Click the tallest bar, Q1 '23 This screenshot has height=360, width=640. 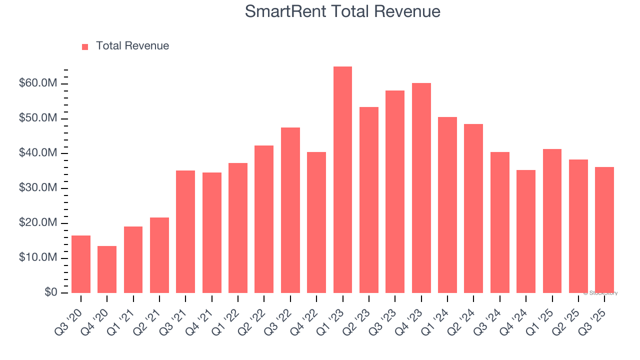click(x=342, y=180)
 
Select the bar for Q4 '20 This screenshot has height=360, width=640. click(x=107, y=269)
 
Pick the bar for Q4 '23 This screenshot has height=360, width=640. click(x=421, y=188)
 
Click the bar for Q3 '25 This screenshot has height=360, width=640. click(x=604, y=230)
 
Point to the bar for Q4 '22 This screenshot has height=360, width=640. click(x=316, y=222)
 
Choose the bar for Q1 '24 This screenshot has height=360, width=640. click(x=447, y=205)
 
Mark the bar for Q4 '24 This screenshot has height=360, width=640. click(x=526, y=231)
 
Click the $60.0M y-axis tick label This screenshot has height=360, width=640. click(x=38, y=83)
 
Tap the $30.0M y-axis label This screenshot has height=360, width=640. click(x=38, y=188)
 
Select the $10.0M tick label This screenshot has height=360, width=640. click(x=38, y=258)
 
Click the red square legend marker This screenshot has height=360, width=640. click(x=85, y=46)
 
